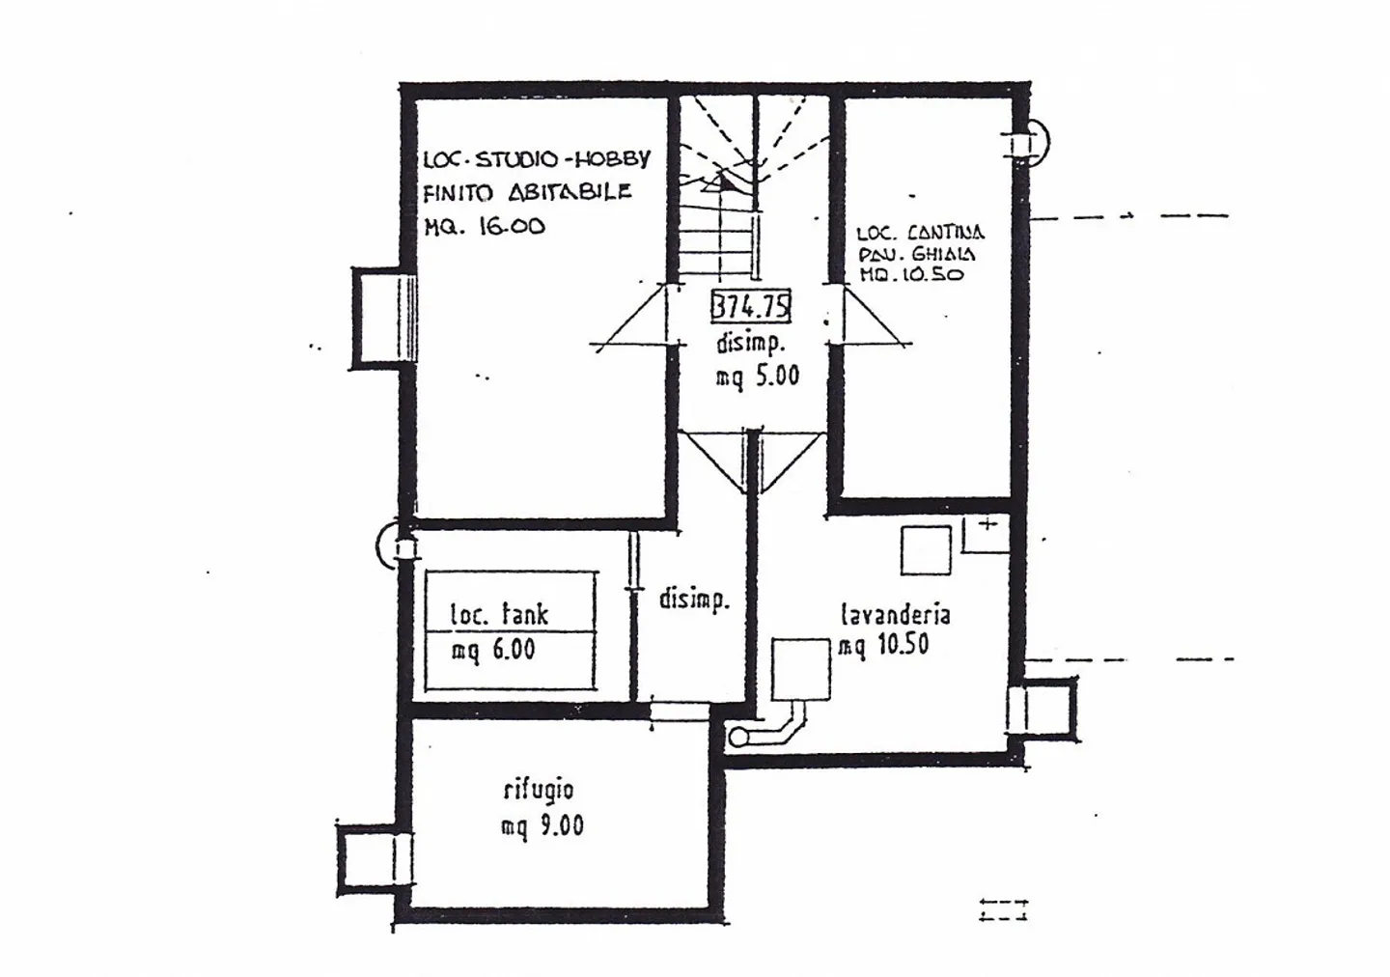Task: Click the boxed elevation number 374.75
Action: pos(751,307)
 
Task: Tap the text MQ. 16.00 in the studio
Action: pos(485,227)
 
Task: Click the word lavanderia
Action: pos(895,614)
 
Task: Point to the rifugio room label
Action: pos(539,790)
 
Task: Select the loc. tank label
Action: pos(500,614)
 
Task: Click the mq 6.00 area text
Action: pos(493,650)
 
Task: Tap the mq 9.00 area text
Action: pos(542,826)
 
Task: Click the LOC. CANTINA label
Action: pos(920,233)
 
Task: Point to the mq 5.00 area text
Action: pos(757,376)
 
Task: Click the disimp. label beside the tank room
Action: pos(694,600)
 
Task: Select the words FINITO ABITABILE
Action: pos(527,192)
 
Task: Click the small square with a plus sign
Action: pos(987,533)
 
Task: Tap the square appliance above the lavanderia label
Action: pos(926,550)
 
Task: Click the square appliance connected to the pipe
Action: pos(801,669)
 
